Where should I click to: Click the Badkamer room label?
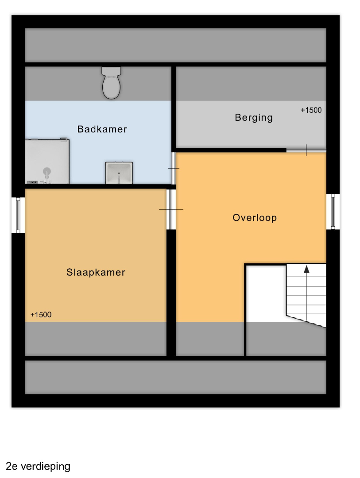click(x=102, y=129)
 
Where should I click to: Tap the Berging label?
click(x=254, y=118)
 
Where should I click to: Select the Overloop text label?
click(x=255, y=218)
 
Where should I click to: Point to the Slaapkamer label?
click(x=96, y=272)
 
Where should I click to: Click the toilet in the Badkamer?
click(x=111, y=83)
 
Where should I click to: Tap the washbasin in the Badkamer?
click(x=119, y=173)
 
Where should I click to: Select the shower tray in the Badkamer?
click(x=47, y=161)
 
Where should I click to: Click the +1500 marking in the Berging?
click(x=311, y=110)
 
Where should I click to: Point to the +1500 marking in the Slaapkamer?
click(x=41, y=315)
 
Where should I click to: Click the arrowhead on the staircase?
click(x=306, y=269)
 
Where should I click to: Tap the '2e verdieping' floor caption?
click(x=38, y=466)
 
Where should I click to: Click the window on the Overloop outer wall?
click(x=333, y=212)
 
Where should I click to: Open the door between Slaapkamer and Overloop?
click(x=171, y=209)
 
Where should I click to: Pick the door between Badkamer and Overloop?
click(x=174, y=168)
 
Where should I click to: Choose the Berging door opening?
click(x=306, y=150)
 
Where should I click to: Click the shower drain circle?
click(x=46, y=171)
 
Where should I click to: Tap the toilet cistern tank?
click(x=111, y=71)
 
